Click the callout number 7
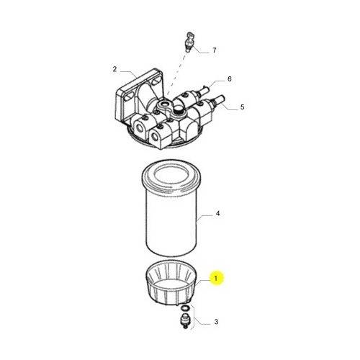tap(215, 50)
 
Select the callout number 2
tap(114, 69)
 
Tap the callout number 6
tap(230, 79)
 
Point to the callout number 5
tap(242, 107)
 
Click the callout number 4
tap(217, 213)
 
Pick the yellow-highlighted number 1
tap(216, 279)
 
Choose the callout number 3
tap(216, 322)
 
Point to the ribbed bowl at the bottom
tap(171, 282)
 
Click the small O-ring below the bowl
tap(185, 307)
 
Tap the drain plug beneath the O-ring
tap(185, 320)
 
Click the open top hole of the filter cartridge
tap(171, 174)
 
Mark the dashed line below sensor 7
tap(177, 73)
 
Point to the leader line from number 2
tap(129, 74)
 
